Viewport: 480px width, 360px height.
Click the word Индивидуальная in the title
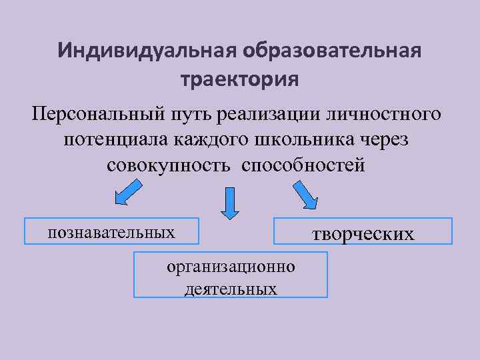tap(147, 51)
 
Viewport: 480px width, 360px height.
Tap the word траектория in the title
tap(240, 80)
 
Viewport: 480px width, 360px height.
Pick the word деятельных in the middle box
tap(231, 289)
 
